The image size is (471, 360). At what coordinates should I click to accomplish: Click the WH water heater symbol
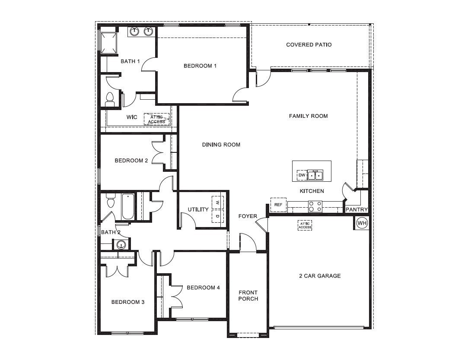tap(362, 223)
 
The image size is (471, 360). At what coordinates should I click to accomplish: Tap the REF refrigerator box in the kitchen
tap(278, 205)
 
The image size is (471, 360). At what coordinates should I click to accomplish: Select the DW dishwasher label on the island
tap(302, 175)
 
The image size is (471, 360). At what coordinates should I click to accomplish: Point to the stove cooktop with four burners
tap(315, 207)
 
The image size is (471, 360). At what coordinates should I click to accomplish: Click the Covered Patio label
tap(309, 45)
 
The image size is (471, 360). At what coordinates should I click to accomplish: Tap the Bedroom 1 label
tap(200, 66)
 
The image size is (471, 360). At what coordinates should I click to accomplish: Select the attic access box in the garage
tap(305, 225)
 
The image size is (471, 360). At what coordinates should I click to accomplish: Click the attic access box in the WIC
tap(156, 120)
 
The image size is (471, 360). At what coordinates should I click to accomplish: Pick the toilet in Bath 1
tap(109, 99)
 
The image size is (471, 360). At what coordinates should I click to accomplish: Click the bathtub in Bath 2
tap(128, 207)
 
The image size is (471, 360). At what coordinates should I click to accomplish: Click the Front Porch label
tap(248, 296)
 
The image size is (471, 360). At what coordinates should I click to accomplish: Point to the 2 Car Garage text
tap(320, 276)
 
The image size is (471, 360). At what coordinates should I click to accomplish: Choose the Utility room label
tap(198, 210)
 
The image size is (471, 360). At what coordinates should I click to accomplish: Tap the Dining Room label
tap(221, 145)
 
